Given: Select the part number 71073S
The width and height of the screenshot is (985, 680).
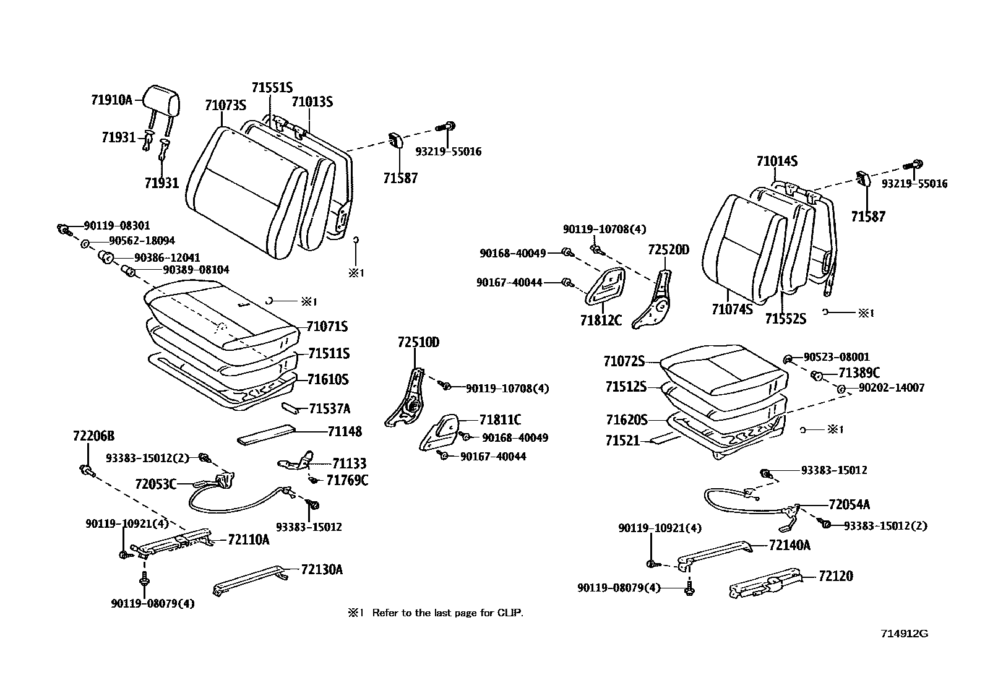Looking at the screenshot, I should pyautogui.click(x=225, y=105).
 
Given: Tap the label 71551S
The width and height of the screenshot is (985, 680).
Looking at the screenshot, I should pyautogui.click(x=272, y=88).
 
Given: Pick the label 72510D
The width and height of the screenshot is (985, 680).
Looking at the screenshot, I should pyautogui.click(x=418, y=342).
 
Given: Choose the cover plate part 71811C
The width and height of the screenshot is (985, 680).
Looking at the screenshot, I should pyautogui.click(x=442, y=432).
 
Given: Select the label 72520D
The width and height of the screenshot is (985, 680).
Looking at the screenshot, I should pyautogui.click(x=668, y=250).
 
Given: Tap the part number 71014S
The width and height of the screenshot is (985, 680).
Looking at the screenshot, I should pyautogui.click(x=776, y=161).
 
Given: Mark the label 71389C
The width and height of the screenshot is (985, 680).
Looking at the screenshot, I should pyautogui.click(x=859, y=372).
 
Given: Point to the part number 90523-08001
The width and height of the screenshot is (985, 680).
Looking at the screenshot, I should pyautogui.click(x=837, y=357).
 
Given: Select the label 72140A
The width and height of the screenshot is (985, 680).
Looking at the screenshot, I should pyautogui.click(x=789, y=545).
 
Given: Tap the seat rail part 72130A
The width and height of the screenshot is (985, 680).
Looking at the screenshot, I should pyautogui.click(x=250, y=580).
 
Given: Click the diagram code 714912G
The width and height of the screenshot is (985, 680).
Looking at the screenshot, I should pyautogui.click(x=905, y=634).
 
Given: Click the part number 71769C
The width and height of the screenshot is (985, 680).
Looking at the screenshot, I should pyautogui.click(x=347, y=480).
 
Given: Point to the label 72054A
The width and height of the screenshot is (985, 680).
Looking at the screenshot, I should pyautogui.click(x=849, y=504).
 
